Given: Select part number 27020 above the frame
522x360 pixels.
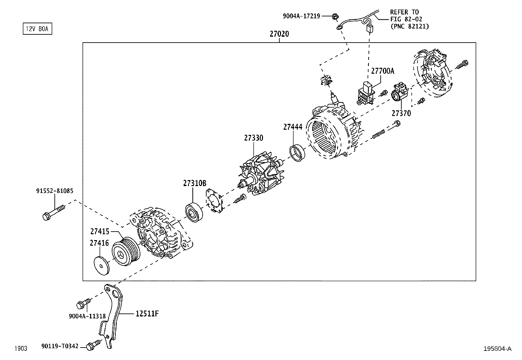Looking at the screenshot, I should click(x=279, y=34).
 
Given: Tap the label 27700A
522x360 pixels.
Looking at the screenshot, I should click(x=383, y=71).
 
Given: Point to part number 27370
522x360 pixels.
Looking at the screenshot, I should click(x=401, y=113).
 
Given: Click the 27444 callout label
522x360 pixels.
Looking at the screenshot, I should click(x=293, y=127).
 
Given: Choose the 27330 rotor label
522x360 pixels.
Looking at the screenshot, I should click(x=253, y=138).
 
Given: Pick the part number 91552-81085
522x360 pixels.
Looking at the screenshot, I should click(x=55, y=191).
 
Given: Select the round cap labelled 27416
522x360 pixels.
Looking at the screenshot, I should click(x=101, y=265).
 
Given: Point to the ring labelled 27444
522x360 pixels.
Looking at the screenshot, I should click(x=297, y=153).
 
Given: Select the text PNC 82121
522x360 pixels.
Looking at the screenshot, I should click(x=410, y=27).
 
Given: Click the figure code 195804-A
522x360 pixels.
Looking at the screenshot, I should click(x=497, y=349).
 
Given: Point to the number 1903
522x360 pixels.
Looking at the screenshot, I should click(x=20, y=349).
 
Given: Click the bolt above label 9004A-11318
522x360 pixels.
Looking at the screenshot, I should click(x=83, y=304).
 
